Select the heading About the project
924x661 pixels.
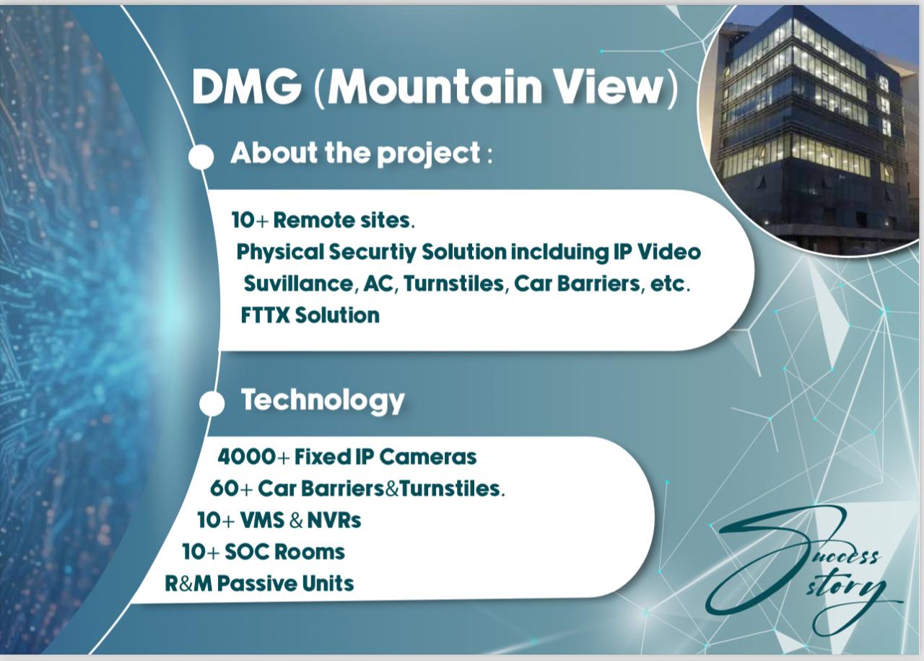[x=355, y=153]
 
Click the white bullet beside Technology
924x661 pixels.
[x=212, y=403]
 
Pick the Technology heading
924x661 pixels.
[x=322, y=400]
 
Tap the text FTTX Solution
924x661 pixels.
[x=310, y=315]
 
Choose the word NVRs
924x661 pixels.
[x=334, y=520]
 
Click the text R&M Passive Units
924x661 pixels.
[x=259, y=583]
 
